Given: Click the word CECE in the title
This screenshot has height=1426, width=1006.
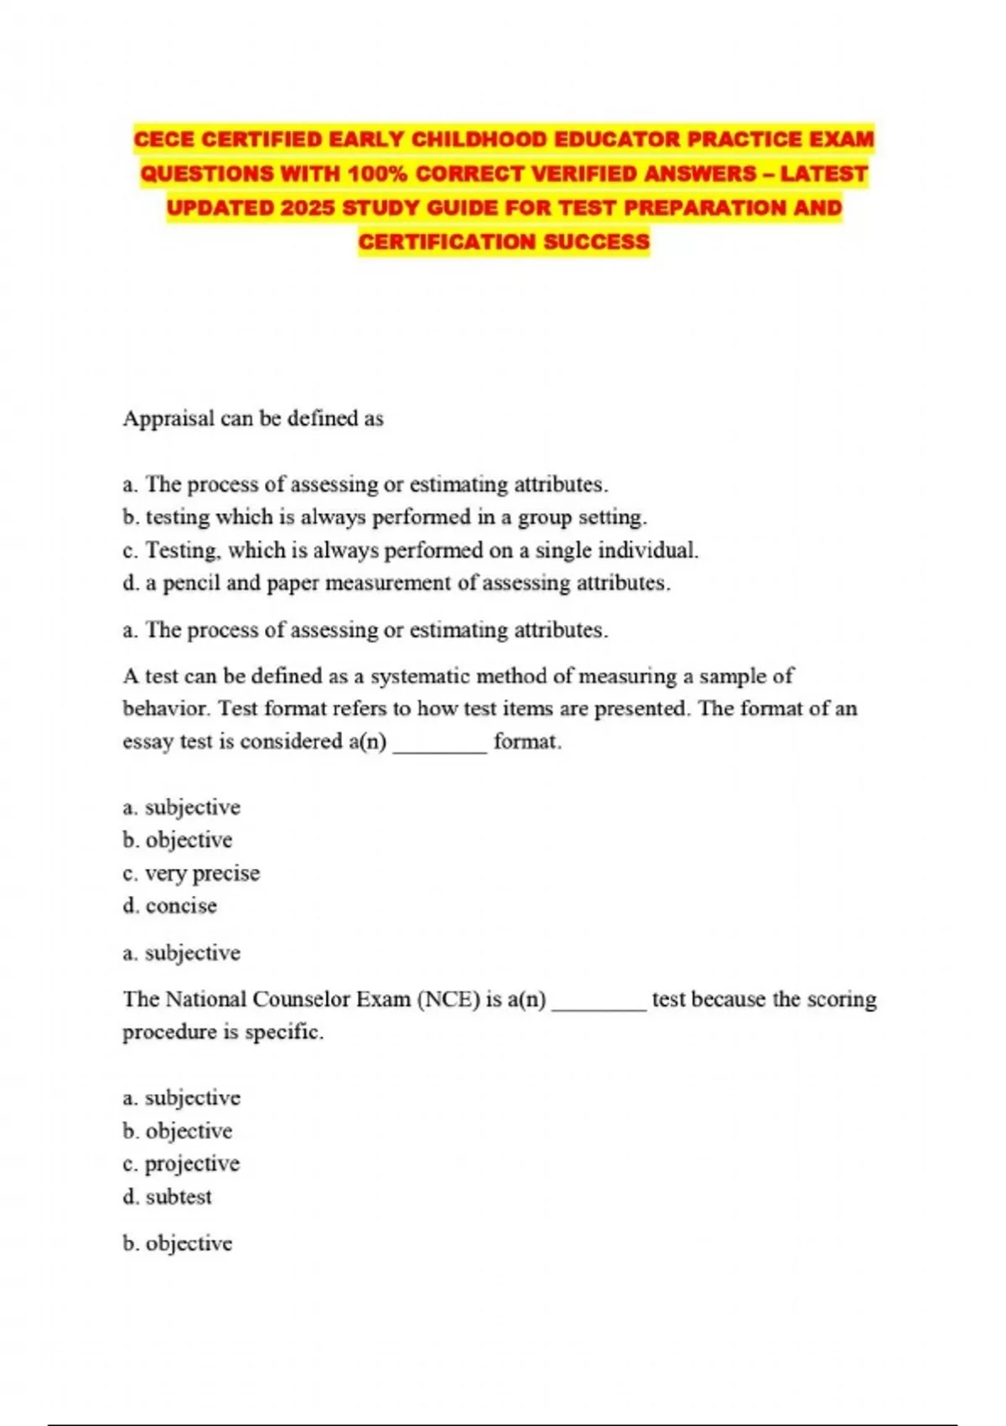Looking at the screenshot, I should pyautogui.click(x=165, y=139).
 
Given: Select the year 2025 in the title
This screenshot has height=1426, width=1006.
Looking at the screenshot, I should pyautogui.click(x=307, y=208).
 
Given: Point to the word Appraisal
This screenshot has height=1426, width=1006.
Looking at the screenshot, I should pyautogui.click(x=169, y=419).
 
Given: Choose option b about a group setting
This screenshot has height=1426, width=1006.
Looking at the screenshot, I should pyautogui.click(x=385, y=518).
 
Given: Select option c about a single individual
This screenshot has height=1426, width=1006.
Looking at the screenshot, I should pyautogui.click(x=410, y=550).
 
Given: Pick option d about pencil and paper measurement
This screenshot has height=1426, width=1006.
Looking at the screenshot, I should pyautogui.click(x=397, y=583).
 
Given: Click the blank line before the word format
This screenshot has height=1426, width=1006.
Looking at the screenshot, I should pyautogui.click(x=439, y=743).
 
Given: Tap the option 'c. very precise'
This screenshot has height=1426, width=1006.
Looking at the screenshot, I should pyautogui.click(x=191, y=873).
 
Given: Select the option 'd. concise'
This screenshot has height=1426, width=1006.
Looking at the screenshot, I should pyautogui.click(x=170, y=906).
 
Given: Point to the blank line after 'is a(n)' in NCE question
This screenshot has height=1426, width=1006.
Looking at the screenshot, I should pyautogui.click(x=599, y=1002).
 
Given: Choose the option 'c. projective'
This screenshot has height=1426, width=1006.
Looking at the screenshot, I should pyautogui.click(x=181, y=1164).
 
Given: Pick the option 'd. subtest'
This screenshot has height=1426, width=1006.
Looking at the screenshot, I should pyautogui.click(x=168, y=1197).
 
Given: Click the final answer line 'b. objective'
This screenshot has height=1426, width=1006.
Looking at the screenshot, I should pyautogui.click(x=178, y=1243).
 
